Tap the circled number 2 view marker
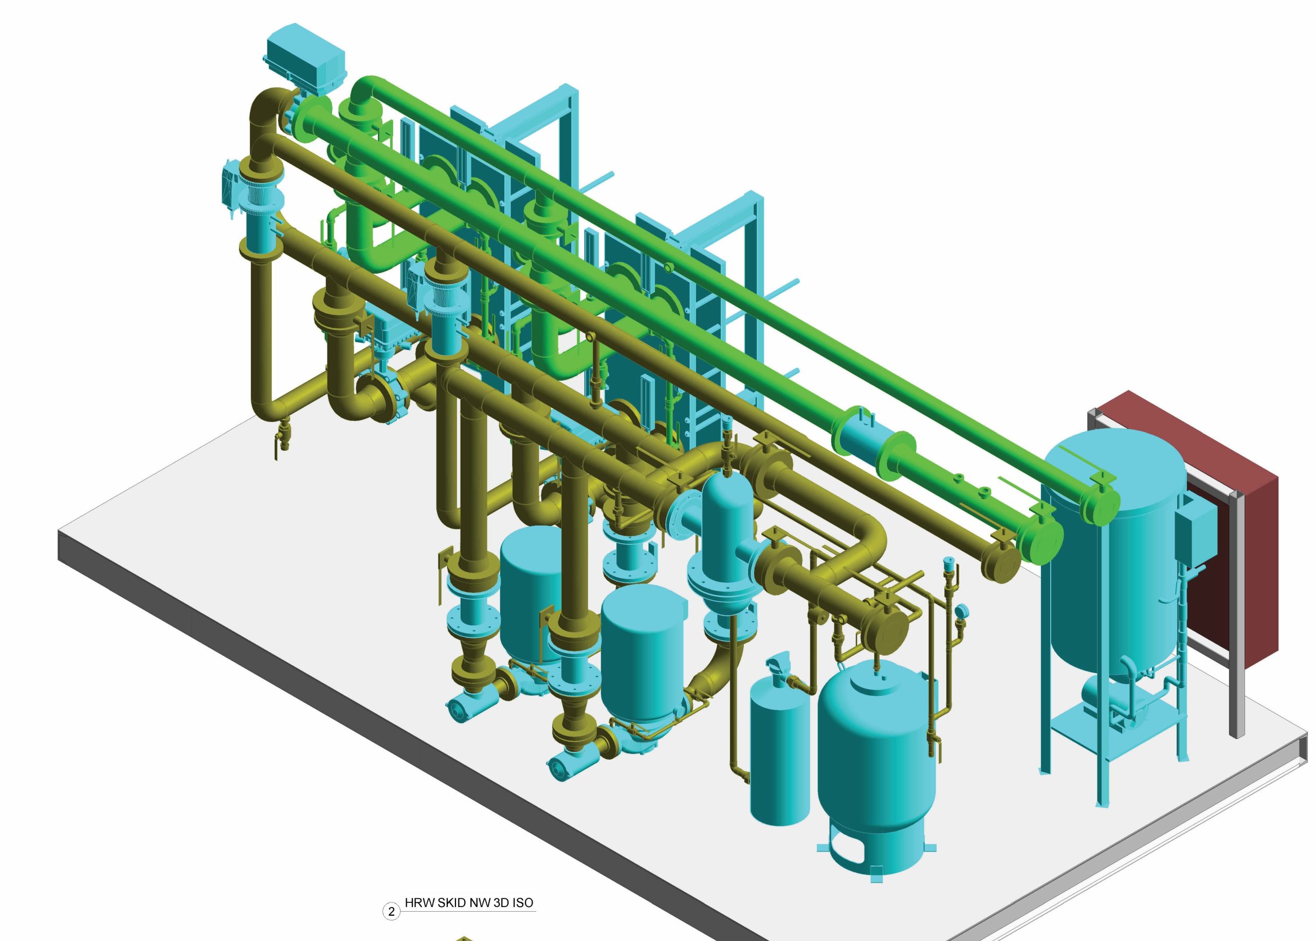click(x=392, y=911)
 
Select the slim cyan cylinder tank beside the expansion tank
click(x=779, y=753)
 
